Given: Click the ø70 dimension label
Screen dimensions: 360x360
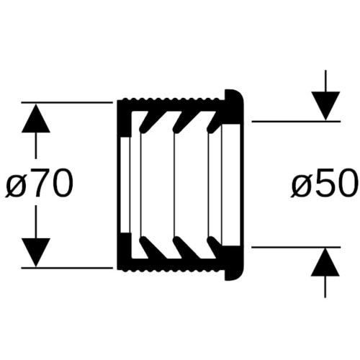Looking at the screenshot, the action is pos(39,183).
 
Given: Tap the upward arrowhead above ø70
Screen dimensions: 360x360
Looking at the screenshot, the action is pos(36,118).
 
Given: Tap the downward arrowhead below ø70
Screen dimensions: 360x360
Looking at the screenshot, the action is pos(36,252).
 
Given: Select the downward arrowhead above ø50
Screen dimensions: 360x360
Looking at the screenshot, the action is pos(325,106).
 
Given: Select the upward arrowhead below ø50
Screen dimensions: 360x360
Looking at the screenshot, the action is pos(325,262).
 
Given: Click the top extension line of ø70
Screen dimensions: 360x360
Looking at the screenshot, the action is pos(67,102).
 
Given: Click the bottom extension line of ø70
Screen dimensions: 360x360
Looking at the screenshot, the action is pos(67,267).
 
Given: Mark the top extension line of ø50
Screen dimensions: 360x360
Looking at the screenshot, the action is pos(296,122).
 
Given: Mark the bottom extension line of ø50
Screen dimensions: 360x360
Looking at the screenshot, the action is pos(296,247).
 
